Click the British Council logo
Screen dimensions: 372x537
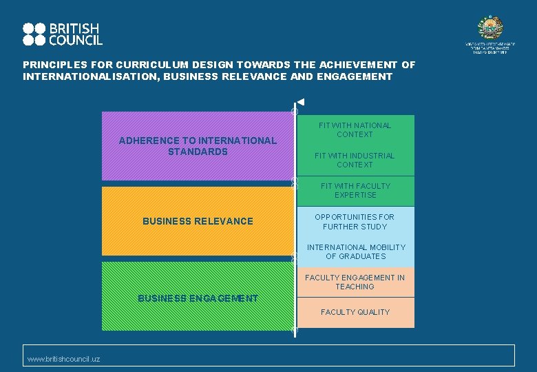click(62, 34)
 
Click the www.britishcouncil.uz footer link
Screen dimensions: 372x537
click(63, 359)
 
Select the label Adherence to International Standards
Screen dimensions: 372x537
click(198, 145)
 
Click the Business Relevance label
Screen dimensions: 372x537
click(198, 221)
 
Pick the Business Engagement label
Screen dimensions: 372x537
click(198, 298)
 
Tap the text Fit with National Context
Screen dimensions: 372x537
click(355, 130)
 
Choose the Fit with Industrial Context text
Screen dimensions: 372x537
click(355, 160)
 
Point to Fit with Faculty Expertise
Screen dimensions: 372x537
click(355, 190)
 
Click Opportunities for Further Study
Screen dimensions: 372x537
click(355, 221)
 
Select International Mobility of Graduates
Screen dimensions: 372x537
click(356, 251)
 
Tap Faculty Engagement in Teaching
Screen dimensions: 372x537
click(355, 282)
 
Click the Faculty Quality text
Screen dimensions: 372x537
click(355, 312)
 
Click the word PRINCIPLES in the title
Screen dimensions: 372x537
click(52, 65)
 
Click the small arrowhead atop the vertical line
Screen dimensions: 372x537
click(300, 103)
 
